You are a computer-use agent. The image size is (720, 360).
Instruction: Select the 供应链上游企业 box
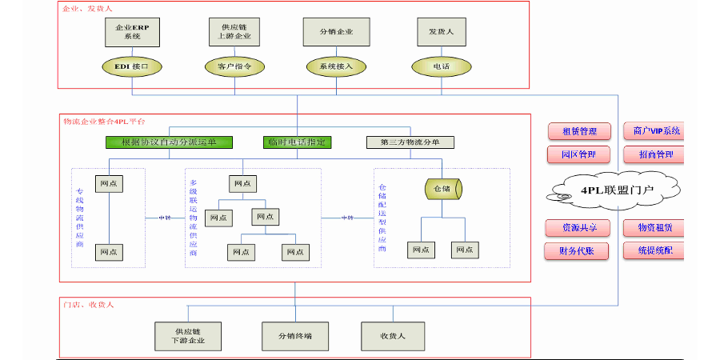pos(234,31)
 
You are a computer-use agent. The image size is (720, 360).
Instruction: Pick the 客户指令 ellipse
pos(234,66)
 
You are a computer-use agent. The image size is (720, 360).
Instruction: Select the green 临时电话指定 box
pos(297,142)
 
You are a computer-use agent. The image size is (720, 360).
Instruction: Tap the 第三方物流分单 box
pos(410,142)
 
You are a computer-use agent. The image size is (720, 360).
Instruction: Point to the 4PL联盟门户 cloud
pos(615,190)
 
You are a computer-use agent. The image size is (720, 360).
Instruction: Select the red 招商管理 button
pos(655,154)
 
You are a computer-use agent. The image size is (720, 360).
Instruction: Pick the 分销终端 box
pos(295,335)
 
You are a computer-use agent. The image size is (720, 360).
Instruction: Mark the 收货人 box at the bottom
pos(393,335)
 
